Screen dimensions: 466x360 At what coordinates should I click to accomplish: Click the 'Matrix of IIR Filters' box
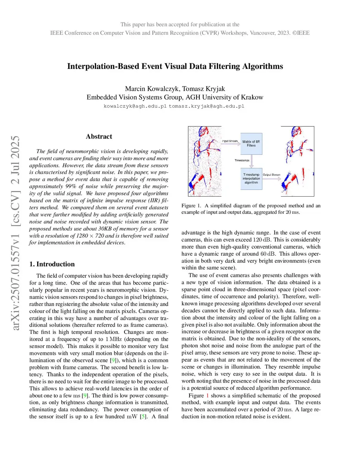[251, 143]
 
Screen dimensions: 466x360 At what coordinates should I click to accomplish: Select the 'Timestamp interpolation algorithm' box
[251, 179]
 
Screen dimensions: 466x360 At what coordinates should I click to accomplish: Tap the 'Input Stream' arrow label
[230, 141]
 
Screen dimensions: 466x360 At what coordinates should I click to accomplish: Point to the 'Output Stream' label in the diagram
[271, 175]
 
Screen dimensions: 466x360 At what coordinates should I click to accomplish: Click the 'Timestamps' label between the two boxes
[242, 160]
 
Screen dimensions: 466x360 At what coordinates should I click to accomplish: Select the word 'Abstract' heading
[99, 136]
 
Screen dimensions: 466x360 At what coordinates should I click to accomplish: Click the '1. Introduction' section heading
[52, 264]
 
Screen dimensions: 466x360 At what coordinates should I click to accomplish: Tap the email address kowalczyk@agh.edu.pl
[135, 106]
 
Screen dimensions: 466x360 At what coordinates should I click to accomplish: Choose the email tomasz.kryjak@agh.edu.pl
[206, 106]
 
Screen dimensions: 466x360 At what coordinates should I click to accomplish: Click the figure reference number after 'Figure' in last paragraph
[207, 396]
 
